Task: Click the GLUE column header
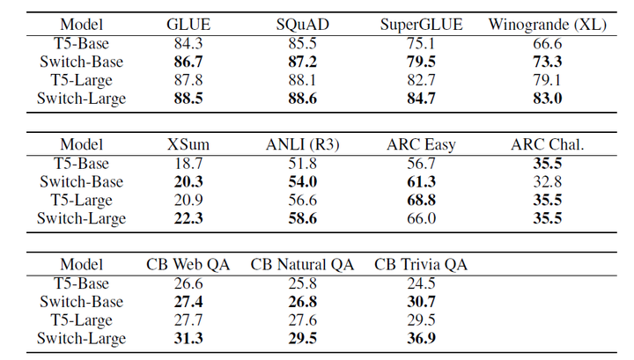pyautogui.click(x=188, y=25)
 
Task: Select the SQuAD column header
pyautogui.click(x=302, y=25)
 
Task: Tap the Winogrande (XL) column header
pyautogui.click(x=548, y=25)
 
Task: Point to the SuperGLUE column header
pyautogui.click(x=421, y=25)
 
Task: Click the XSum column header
pyautogui.click(x=188, y=144)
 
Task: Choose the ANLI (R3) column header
pyautogui.click(x=302, y=144)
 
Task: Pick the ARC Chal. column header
pyautogui.click(x=548, y=144)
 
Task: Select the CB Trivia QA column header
pyautogui.click(x=421, y=264)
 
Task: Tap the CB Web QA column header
pyautogui.click(x=188, y=264)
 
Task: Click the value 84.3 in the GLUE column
pyautogui.click(x=188, y=43)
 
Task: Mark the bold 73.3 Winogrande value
pyautogui.click(x=548, y=62)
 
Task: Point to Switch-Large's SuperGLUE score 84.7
pyautogui.click(x=421, y=99)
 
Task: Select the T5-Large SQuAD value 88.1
pyautogui.click(x=302, y=80)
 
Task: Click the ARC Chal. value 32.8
pyautogui.click(x=548, y=181)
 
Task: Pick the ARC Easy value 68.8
pyautogui.click(x=421, y=200)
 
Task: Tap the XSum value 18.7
pyautogui.click(x=188, y=163)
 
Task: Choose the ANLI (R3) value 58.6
pyautogui.click(x=302, y=218)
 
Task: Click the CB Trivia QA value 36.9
pyautogui.click(x=421, y=338)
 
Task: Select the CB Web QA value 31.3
pyautogui.click(x=188, y=338)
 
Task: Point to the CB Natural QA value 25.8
pyautogui.click(x=302, y=283)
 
